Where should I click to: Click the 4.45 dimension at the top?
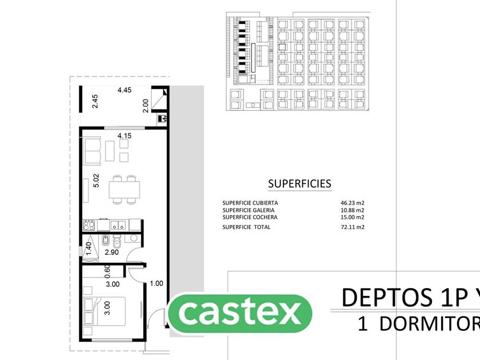pyautogui.click(x=125, y=90)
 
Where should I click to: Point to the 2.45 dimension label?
pyautogui.click(x=95, y=101)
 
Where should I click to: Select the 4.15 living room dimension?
pyautogui.click(x=125, y=135)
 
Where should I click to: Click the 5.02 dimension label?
pyautogui.click(x=97, y=181)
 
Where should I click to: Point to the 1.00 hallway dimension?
pyautogui.click(x=156, y=283)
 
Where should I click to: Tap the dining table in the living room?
pyautogui.click(x=125, y=189)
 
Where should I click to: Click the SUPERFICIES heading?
pyautogui.click(x=299, y=184)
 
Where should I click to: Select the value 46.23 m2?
pyautogui.click(x=353, y=203)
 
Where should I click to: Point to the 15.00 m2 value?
pyautogui.click(x=353, y=217)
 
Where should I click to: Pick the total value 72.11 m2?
pyautogui.click(x=353, y=227)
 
